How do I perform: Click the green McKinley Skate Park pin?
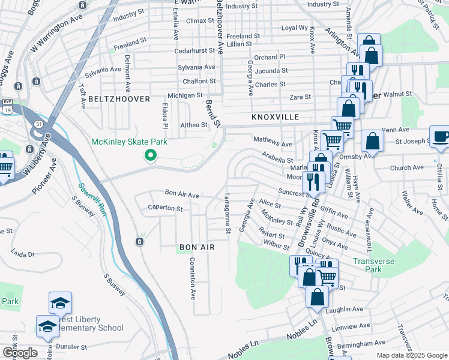pos(150,156)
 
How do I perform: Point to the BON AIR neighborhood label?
pos(197,247)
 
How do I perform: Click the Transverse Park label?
pos(376,265)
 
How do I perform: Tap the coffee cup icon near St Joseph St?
pos(440,136)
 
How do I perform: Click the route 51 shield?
pos(39,124)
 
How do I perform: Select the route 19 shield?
pos(7,110)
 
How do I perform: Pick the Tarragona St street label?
pos(228,213)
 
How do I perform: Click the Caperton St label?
pos(166,209)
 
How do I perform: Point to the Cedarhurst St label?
pos(194,51)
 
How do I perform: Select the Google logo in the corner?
pos(20,353)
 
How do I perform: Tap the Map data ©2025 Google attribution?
pos(412,355)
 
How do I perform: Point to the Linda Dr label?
pos(22,254)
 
